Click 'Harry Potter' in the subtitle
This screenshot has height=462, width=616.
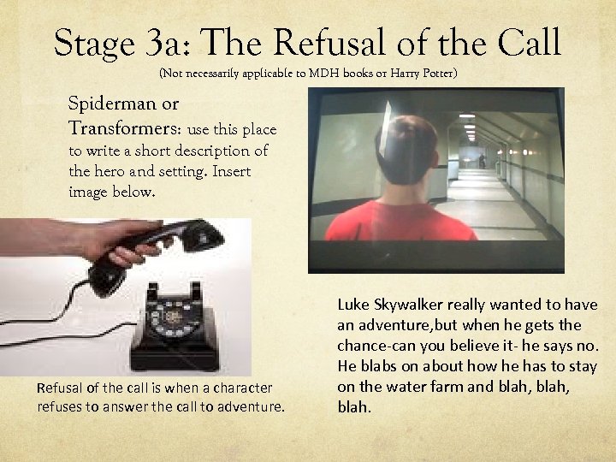tap(423, 74)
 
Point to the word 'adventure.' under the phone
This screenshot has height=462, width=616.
tap(252, 406)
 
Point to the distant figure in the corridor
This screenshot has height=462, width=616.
tap(481, 159)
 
